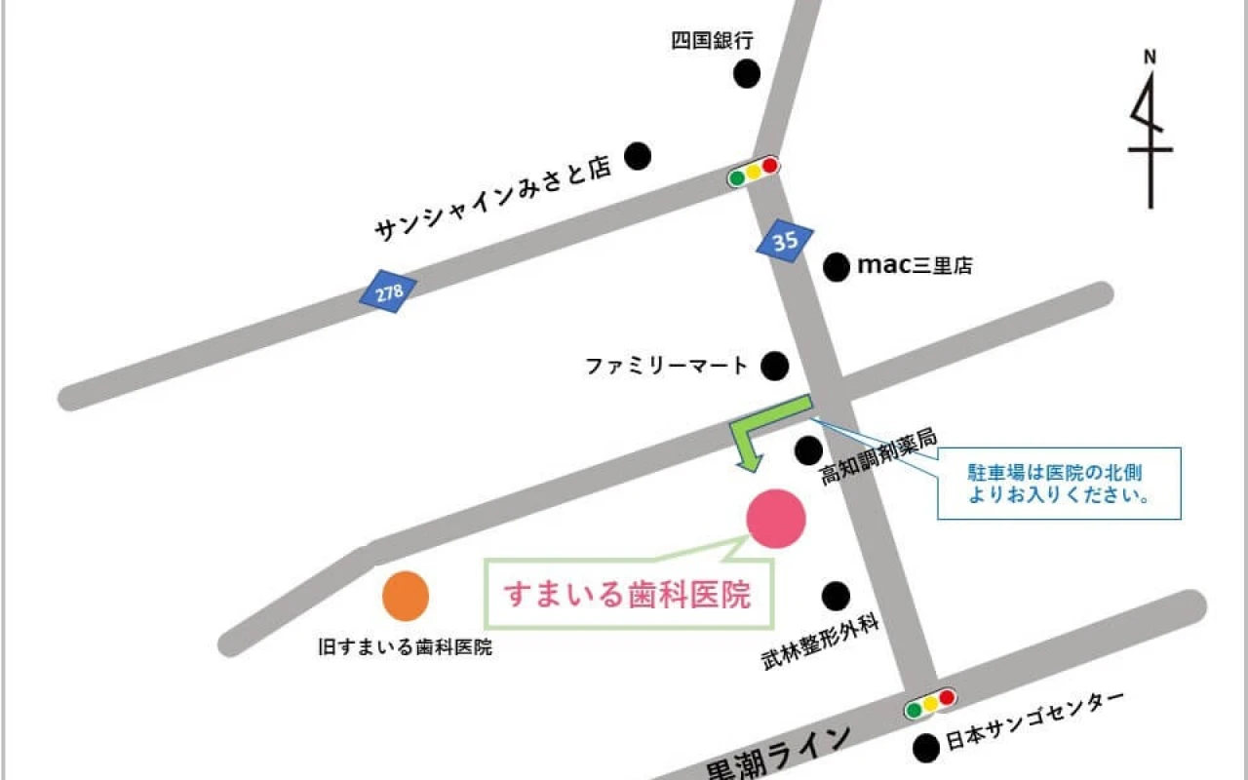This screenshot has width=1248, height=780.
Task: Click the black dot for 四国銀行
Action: (747, 73)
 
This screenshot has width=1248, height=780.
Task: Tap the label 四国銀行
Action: (713, 40)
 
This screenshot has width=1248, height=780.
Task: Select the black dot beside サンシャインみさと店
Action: (638, 155)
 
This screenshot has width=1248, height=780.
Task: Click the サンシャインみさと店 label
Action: (492, 200)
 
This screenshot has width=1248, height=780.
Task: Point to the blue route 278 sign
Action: (388, 292)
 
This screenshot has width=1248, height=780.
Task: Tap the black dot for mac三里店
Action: (837, 266)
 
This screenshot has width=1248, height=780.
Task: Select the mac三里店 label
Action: (914, 265)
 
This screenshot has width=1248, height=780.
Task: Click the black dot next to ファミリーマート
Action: (774, 366)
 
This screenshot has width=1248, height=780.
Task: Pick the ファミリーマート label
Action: (666, 367)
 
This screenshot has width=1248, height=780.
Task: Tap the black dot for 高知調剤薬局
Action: (808, 449)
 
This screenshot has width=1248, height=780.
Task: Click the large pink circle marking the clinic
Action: (776, 518)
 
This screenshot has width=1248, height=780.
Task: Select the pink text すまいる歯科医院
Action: (627, 594)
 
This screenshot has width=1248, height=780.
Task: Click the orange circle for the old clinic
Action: (406, 596)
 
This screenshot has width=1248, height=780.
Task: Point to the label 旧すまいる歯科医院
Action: (406, 646)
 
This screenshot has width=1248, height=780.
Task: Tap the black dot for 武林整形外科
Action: (836, 596)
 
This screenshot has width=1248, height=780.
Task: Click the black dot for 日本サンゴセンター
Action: (925, 748)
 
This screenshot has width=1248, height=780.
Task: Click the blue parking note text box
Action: (1059, 483)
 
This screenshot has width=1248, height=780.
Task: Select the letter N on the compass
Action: (1150, 57)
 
